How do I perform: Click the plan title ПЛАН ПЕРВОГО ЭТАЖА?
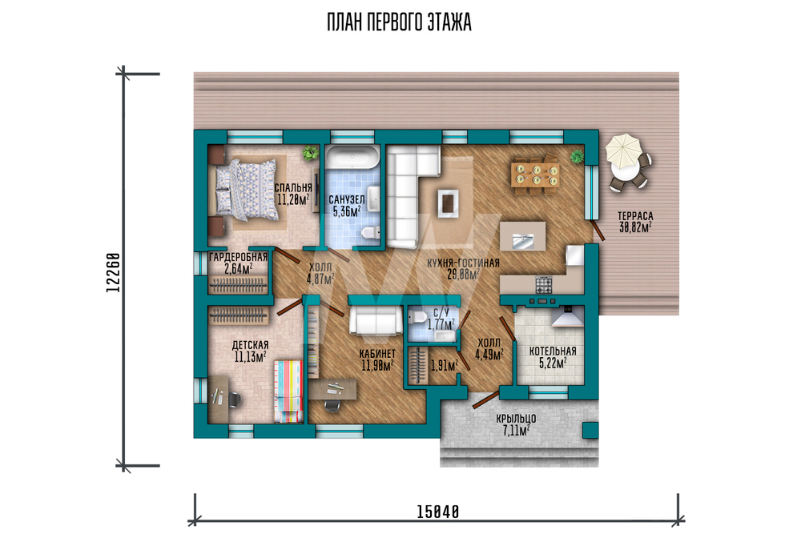(x=399, y=22)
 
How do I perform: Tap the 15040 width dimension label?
(x=438, y=512)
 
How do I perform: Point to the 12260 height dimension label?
(x=113, y=273)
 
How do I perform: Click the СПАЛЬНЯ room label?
(x=292, y=187)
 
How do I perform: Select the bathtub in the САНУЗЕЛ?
(x=353, y=157)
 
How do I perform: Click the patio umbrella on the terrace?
(x=622, y=151)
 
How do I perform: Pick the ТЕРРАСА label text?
(x=635, y=216)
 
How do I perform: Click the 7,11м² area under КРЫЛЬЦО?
(x=516, y=431)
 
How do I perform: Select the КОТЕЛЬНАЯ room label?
(x=553, y=351)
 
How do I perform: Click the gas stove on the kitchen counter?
(x=544, y=284)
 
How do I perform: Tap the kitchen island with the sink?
(x=522, y=236)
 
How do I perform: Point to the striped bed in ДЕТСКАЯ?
(x=288, y=391)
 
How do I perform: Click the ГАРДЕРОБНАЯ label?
(x=238, y=257)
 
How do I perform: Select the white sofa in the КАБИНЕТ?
(x=376, y=320)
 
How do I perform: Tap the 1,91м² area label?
(x=444, y=366)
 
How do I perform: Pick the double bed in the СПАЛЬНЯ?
(x=248, y=190)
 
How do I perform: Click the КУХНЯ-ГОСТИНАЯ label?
(x=463, y=263)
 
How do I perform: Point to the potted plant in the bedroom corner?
(x=309, y=152)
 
